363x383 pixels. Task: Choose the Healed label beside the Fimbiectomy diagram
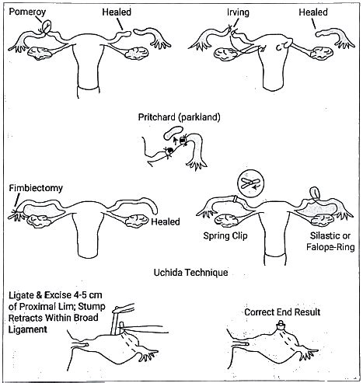point(166,221)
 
